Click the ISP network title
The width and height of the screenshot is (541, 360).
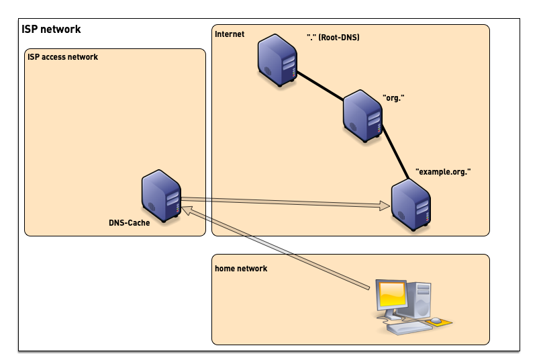pyautogui.click(x=51, y=30)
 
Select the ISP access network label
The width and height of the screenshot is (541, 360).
pyautogui.click(x=62, y=57)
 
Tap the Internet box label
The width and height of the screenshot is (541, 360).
pyautogui.click(x=230, y=34)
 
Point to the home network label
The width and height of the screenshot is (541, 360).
pyautogui.click(x=241, y=269)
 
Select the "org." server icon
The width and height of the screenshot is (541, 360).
pyautogui.click(x=362, y=116)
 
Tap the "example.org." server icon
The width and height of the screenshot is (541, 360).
pyautogui.click(x=411, y=205)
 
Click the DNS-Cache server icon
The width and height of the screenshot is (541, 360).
pyautogui.click(x=161, y=194)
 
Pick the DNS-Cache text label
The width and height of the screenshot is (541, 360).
pyautogui.click(x=129, y=223)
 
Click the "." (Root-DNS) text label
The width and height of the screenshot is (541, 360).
pyautogui.click(x=333, y=38)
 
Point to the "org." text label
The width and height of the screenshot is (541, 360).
pyautogui.click(x=393, y=98)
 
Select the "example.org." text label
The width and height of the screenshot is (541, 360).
pyautogui.click(x=443, y=172)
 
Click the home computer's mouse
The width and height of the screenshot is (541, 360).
pyautogui.click(x=436, y=320)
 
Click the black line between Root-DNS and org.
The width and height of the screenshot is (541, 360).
pyautogui.click(x=320, y=85)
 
